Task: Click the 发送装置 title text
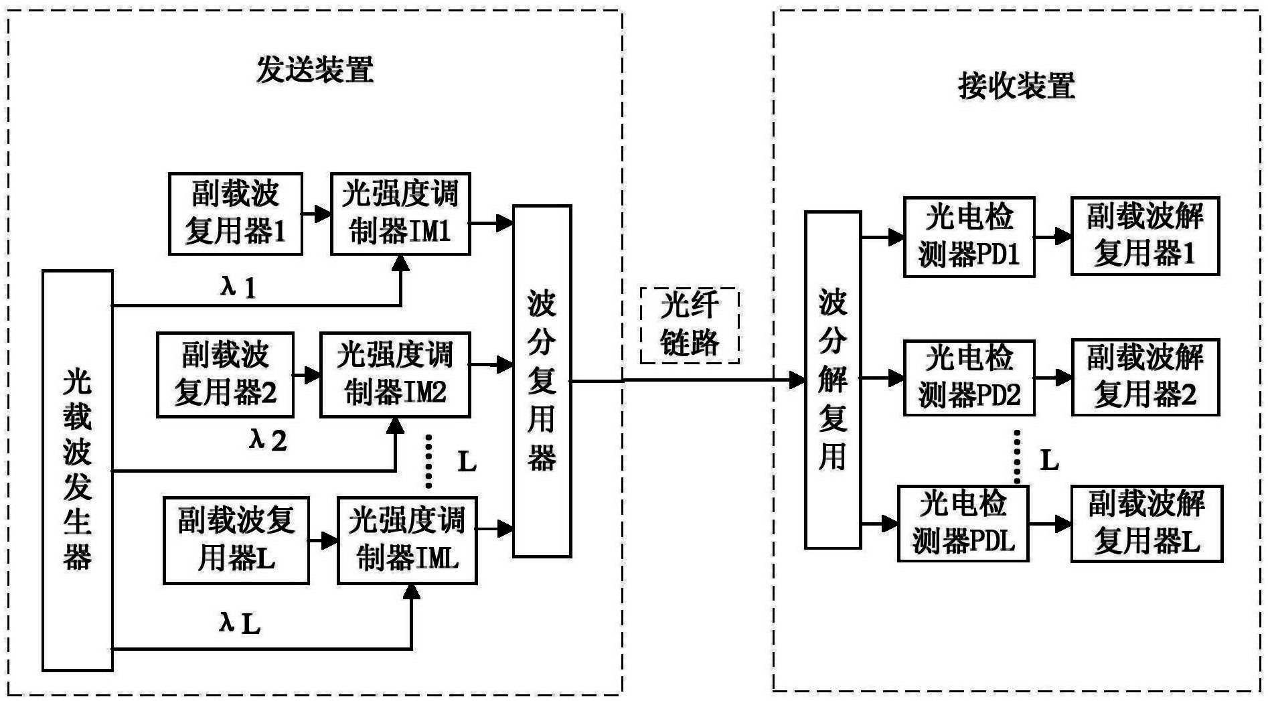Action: (x=315, y=70)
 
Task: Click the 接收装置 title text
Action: (x=1016, y=86)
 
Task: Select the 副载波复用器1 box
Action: (x=235, y=214)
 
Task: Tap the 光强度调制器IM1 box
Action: (x=400, y=214)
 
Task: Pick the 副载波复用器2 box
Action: (x=225, y=374)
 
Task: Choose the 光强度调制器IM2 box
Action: (x=394, y=374)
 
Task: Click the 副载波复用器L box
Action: (x=236, y=540)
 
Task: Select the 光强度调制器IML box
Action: (x=407, y=540)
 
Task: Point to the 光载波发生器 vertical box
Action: (x=77, y=470)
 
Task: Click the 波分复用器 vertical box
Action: (x=542, y=380)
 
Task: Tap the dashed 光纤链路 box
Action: (x=690, y=325)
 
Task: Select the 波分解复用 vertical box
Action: (x=832, y=380)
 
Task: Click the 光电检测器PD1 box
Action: (x=969, y=236)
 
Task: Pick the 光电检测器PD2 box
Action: (x=969, y=378)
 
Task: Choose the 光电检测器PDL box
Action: (x=963, y=523)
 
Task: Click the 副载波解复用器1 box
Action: (x=1145, y=236)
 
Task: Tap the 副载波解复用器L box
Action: (x=1147, y=523)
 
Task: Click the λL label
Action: (x=240, y=624)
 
